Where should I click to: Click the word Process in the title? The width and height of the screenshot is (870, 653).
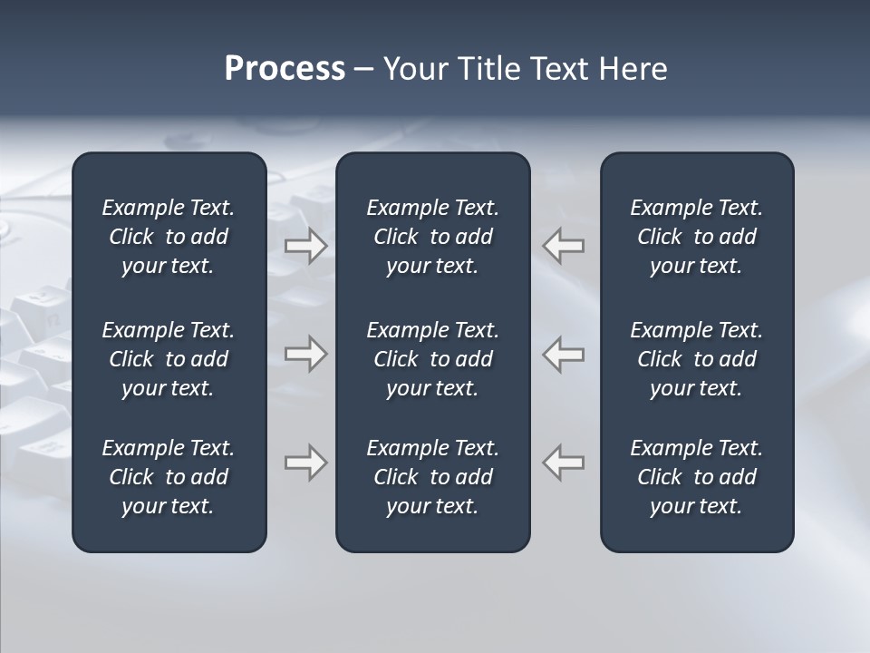pos(285,69)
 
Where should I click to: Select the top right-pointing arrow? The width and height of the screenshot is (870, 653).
pos(305,245)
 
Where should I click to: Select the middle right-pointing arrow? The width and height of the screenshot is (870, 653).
pos(305,354)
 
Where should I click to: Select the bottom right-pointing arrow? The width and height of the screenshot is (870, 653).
pos(305,463)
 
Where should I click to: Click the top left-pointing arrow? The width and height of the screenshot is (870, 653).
pos(563,245)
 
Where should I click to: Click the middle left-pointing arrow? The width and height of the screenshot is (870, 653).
pos(563,354)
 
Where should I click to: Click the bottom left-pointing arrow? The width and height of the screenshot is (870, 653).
pos(563,463)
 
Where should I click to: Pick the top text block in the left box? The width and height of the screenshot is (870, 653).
pos(169,237)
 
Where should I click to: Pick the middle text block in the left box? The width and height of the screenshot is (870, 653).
pos(169,359)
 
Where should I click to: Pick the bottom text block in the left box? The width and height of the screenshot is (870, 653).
pos(169,477)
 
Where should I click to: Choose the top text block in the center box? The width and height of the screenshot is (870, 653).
pos(432,237)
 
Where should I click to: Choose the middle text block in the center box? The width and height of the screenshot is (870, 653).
pos(432,359)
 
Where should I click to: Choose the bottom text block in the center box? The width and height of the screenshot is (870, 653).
pos(432,477)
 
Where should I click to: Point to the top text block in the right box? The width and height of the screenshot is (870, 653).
pos(696,237)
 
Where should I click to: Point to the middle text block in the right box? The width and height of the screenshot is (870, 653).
pos(696,359)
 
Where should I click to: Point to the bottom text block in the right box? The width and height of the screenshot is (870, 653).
pos(696,477)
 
